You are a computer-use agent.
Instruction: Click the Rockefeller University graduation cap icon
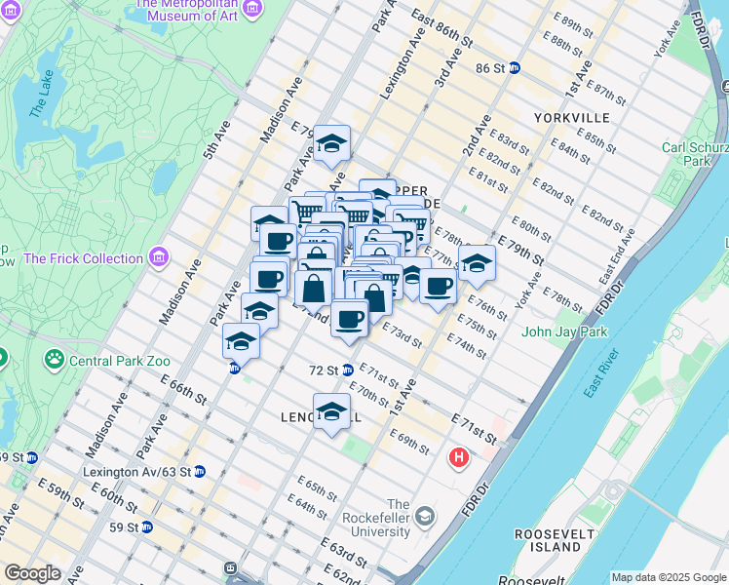pyautogui.click(x=424, y=515)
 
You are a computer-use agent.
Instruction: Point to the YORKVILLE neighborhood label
pyautogui.click(x=571, y=118)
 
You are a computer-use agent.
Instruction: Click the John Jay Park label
pyautogui.click(x=563, y=332)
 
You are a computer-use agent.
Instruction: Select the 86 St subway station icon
pyautogui.click(x=514, y=68)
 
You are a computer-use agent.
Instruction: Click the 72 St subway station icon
pyautogui.click(x=347, y=370)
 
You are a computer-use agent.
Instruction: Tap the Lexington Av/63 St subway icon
pyautogui.click(x=200, y=471)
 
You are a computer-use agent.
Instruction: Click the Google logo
pyautogui.click(x=31, y=573)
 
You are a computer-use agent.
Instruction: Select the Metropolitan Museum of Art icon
pyautogui.click(x=252, y=8)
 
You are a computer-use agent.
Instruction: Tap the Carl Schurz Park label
pyautogui.click(x=695, y=154)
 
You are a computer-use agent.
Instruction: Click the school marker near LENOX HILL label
pyautogui.click(x=331, y=409)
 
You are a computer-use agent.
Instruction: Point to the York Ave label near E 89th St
pyautogui.click(x=667, y=38)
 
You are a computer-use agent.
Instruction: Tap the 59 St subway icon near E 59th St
pyautogui.click(x=147, y=527)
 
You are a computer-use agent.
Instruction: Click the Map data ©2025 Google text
pyautogui.click(x=669, y=577)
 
